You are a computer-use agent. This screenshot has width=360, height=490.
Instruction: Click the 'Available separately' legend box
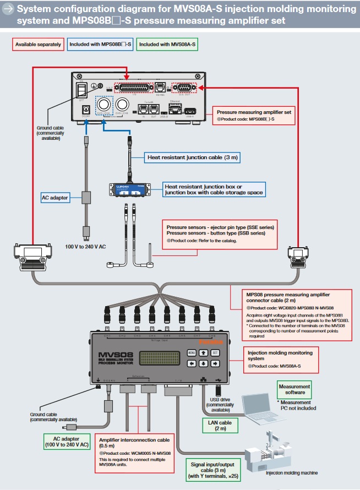(x=38, y=45)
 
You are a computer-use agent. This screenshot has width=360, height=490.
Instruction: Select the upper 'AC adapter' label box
(x=56, y=197)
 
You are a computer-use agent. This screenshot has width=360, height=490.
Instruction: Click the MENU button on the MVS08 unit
(x=192, y=352)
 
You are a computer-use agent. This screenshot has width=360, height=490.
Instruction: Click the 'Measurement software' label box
(x=294, y=390)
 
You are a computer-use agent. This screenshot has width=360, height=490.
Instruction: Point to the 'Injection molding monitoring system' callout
(x=280, y=356)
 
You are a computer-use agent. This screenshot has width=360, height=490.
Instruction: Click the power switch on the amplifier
(x=83, y=91)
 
